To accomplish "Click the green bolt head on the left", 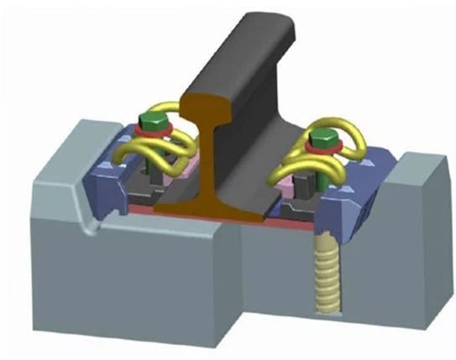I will (x=151, y=123).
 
